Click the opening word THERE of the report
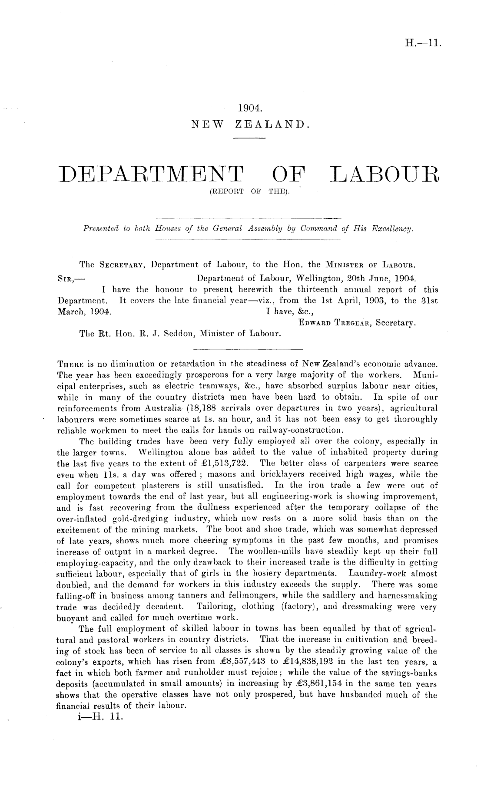[x=69, y=363]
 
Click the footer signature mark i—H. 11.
[x=99, y=717]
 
